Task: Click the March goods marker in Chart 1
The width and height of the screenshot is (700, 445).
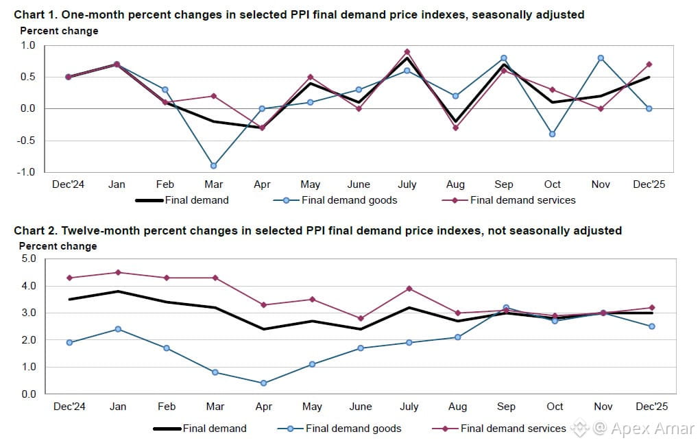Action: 214,166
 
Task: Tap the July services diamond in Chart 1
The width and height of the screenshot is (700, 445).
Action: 407,51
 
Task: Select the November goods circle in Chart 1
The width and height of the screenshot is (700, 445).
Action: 601,58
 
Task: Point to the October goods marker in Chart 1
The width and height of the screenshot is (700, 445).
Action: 552,134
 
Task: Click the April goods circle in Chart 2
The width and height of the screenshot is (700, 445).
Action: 263,383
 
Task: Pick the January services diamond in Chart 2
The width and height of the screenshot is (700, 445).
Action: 118,272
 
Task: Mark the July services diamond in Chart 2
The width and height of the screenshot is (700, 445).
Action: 409,289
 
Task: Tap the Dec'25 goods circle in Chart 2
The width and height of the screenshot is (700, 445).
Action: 651,326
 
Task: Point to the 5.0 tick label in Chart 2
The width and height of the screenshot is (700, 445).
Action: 27,259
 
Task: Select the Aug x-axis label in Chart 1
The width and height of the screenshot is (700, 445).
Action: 455,184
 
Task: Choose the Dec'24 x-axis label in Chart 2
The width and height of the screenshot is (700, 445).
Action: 69,407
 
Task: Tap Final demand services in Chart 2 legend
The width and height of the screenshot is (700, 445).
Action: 513,429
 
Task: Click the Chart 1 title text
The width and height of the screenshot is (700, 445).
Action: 298,14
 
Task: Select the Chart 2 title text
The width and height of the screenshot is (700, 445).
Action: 317,230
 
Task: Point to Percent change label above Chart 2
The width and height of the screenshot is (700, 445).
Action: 58,246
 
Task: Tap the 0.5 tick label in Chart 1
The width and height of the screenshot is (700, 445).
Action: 27,77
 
